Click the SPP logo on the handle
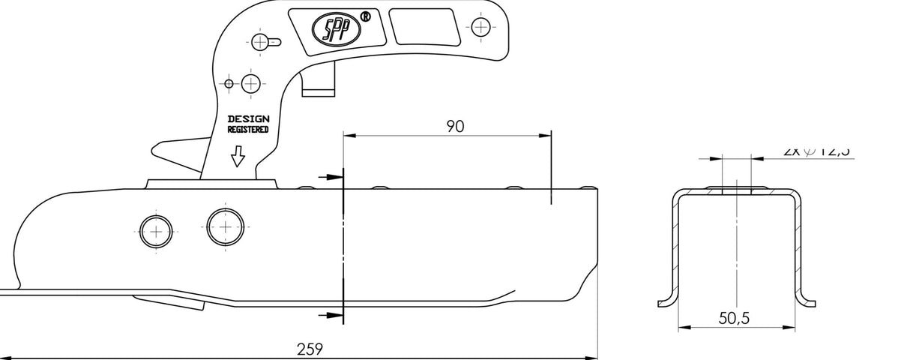[337, 28]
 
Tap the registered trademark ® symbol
[365, 16]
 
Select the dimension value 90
[455, 126]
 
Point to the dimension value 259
[310, 349]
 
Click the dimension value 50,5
[734, 318]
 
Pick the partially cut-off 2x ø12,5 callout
[816, 151]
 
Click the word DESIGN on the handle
[248, 118]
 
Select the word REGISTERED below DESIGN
[248, 130]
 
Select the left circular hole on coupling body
[156, 232]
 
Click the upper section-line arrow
[330, 177]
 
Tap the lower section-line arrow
[330, 315]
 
